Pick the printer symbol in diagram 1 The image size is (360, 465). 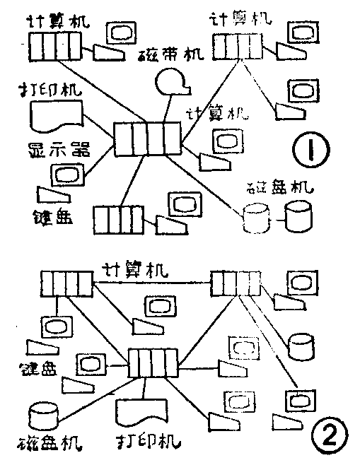55,115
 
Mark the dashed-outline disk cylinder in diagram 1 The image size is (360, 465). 256,218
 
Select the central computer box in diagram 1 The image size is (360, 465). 148,138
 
